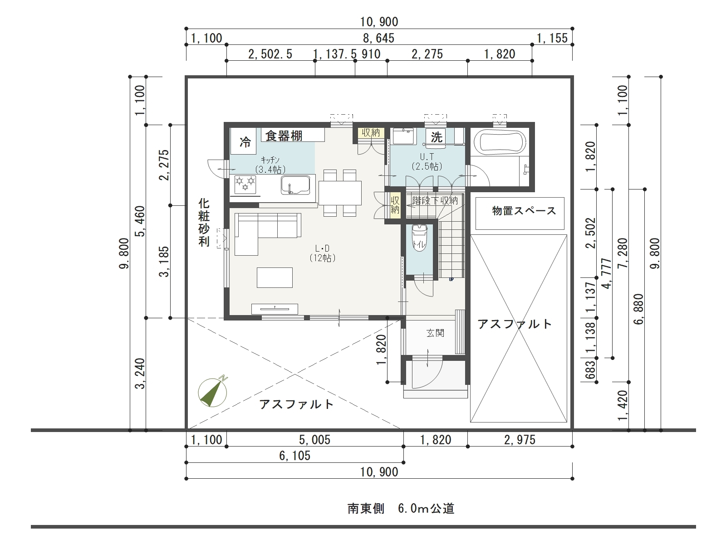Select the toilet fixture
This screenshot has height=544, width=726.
click(419, 238)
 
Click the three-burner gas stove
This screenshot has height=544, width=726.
click(245, 185)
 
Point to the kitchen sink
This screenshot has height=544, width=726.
click(296, 185)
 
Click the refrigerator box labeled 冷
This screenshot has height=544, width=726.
click(243, 141)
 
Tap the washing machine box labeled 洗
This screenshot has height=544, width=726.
click(436, 136)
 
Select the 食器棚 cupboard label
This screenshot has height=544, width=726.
click(284, 136)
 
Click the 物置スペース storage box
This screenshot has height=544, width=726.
click(520, 214)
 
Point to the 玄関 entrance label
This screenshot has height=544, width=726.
click(435, 333)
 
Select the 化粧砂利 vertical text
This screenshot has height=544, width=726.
click(204, 223)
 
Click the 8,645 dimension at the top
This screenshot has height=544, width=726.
click(379, 39)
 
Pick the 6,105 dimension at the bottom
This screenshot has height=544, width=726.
click(294, 456)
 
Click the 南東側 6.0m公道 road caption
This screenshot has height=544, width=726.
click(401, 509)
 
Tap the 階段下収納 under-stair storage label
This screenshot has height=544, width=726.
click(435, 200)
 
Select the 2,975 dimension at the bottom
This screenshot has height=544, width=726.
click(520, 440)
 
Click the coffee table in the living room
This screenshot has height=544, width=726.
click(275, 277)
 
